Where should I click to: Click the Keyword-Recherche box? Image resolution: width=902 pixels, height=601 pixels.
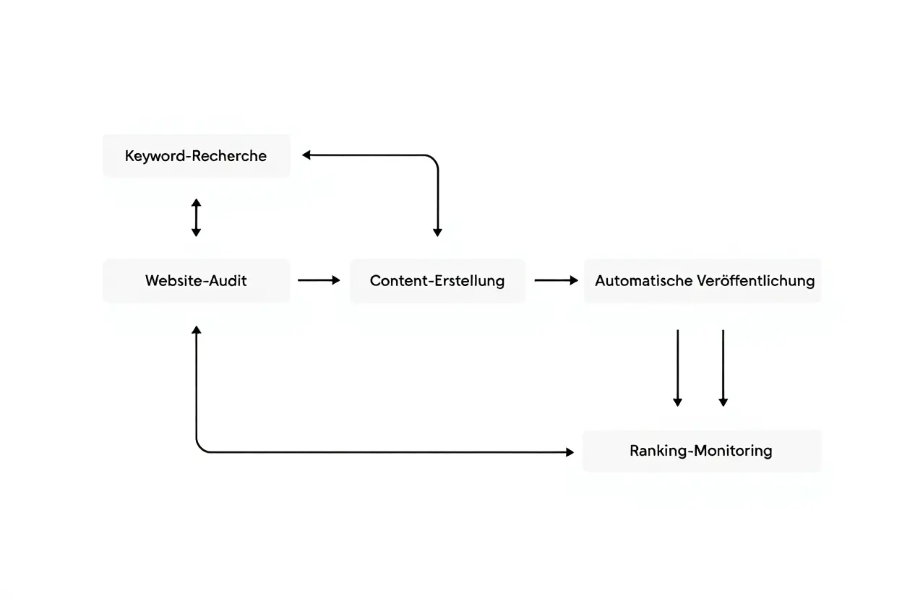click(196, 155)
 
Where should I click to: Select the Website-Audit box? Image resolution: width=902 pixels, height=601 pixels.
click(196, 280)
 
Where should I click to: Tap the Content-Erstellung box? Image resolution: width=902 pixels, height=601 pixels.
click(437, 280)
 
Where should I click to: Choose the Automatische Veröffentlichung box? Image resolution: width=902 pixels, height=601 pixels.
click(703, 280)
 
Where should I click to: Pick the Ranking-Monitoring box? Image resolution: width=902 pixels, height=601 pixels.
click(701, 451)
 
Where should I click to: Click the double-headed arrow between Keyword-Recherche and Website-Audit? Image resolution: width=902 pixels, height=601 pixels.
click(196, 217)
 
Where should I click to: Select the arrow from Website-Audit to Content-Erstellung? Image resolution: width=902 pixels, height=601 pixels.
click(318, 280)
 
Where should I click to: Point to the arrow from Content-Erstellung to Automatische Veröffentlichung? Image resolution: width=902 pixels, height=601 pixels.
click(555, 280)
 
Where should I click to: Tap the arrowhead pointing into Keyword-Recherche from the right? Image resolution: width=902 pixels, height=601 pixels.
click(306, 155)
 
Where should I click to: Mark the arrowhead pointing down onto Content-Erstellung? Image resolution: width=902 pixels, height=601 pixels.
click(437, 232)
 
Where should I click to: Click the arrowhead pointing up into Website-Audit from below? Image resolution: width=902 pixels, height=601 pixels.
click(196, 330)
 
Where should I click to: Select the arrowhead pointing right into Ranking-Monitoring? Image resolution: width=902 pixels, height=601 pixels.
click(570, 452)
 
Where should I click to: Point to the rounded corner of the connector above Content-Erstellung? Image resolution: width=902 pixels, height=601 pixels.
click(433, 159)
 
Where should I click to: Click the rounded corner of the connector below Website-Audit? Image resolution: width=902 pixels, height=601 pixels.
click(200, 448)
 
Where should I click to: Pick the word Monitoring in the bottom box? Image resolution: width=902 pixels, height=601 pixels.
click(733, 451)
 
